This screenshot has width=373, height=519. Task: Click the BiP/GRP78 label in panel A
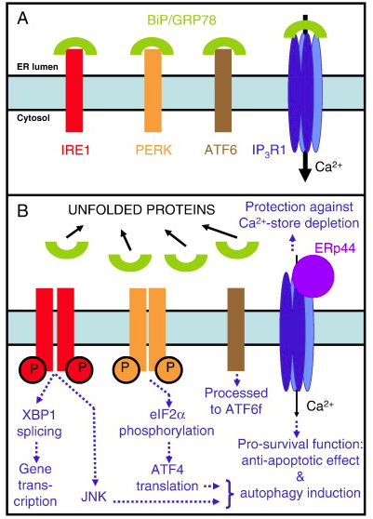pos(181,20)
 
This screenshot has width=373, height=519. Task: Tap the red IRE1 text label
pos(75,151)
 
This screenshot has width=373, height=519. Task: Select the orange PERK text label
pos(153,151)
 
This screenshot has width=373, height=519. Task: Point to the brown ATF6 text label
pos(221,151)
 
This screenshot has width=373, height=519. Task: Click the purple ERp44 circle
pos(313,276)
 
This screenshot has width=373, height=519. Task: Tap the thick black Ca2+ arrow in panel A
pos(305,166)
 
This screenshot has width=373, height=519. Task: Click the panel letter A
pos(23,19)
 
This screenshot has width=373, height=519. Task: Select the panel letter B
pos(22,210)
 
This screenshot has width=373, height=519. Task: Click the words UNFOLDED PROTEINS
pos(141,209)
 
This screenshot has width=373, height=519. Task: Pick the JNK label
pos(94,497)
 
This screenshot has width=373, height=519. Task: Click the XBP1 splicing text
pos(39,423)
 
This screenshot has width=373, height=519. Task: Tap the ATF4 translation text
pos(167,478)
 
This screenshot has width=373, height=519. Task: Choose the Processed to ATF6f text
pos(236,401)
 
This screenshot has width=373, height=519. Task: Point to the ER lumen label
pos(37,67)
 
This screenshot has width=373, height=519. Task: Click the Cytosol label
pos(33,118)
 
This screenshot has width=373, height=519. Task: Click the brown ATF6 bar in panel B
pos(236,329)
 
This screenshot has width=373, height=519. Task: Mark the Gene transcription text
pos(35,485)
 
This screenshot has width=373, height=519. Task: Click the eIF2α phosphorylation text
pos(167,422)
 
